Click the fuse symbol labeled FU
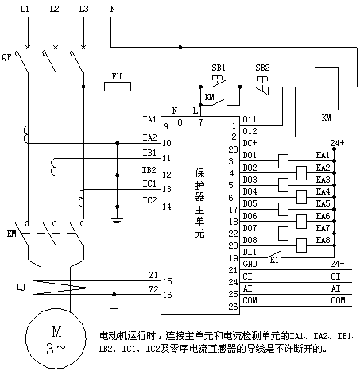pos(118,87)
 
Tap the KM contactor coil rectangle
pos(327,88)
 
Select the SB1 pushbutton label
pos(219,68)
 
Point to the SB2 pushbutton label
pos(262,68)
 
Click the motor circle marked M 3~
pos(56,338)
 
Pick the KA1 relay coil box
pos(283,161)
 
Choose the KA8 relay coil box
pos(302,245)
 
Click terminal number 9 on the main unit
pos(166,126)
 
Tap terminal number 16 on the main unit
pos(168,295)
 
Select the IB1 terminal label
pos(149,153)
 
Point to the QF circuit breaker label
pos(7,57)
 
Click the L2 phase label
pos(54,9)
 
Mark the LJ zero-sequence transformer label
pos(21,287)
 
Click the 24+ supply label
pos(337,143)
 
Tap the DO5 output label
pos(250,203)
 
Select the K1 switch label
pos(274,260)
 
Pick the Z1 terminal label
pos(153,276)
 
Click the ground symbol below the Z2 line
pos(114,308)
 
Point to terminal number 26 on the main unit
pos(234,307)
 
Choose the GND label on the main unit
pos(250,264)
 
